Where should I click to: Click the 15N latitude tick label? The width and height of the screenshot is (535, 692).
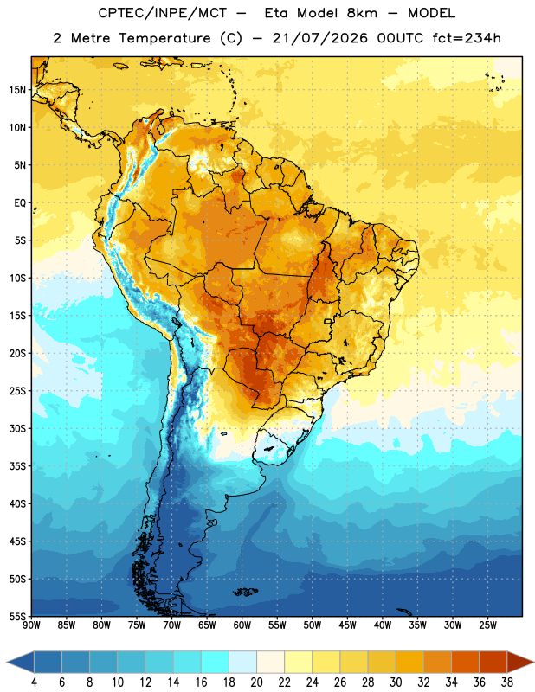(x=17, y=90)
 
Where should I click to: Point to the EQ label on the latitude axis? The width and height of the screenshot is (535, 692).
(x=20, y=203)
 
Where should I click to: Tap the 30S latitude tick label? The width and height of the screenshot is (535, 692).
(x=17, y=428)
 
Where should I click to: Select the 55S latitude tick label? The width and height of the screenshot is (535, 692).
(x=17, y=617)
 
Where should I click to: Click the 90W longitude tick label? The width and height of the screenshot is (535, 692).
(x=31, y=625)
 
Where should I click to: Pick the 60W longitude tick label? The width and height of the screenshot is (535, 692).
(x=242, y=625)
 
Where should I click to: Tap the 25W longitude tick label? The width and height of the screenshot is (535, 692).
(x=487, y=625)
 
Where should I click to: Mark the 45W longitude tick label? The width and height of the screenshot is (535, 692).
(x=347, y=625)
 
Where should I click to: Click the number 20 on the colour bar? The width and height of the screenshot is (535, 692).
(x=256, y=682)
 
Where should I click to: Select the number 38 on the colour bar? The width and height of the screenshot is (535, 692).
(x=507, y=682)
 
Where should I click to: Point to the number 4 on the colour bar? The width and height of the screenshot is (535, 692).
(x=34, y=682)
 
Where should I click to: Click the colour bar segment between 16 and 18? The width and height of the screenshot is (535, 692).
(x=216, y=662)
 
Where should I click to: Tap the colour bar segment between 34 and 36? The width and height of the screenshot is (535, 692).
(x=466, y=662)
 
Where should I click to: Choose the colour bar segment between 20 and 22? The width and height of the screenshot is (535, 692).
(x=271, y=662)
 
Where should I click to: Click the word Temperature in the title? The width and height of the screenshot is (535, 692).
(x=164, y=38)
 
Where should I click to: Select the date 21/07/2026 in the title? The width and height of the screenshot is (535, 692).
(x=319, y=38)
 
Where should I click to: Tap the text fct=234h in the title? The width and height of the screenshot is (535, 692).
(x=467, y=38)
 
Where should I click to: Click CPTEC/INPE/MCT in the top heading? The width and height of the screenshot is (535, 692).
(x=162, y=13)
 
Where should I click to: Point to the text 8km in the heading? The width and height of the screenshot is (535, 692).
(x=362, y=13)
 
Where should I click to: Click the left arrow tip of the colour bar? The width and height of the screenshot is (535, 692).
(x=8, y=662)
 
